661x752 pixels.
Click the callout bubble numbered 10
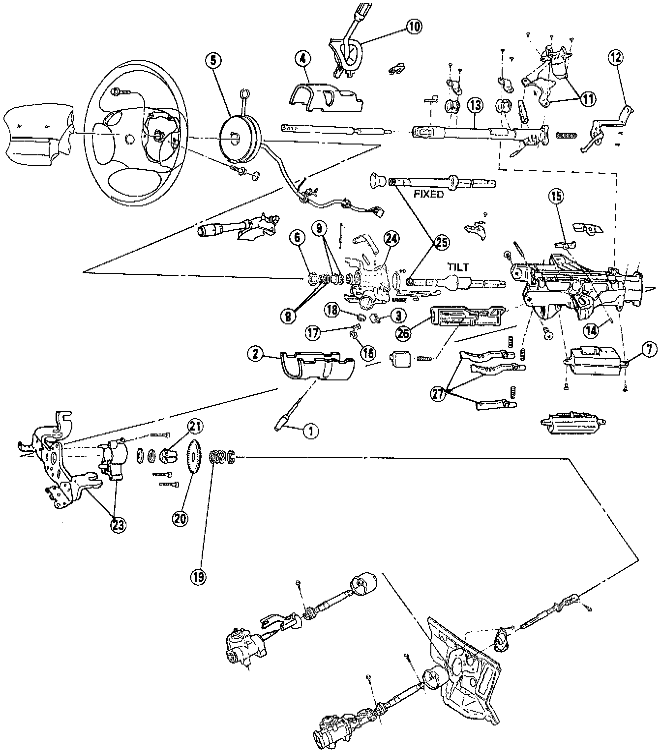tap(414, 27)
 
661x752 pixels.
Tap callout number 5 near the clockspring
tap(213, 60)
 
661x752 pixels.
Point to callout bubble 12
tap(615, 58)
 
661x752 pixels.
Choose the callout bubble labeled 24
tap(391, 239)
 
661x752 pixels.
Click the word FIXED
tap(428, 194)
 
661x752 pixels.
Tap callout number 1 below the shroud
tap(310, 432)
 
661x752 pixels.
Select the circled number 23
tap(118, 524)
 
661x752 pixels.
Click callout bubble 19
tap(199, 576)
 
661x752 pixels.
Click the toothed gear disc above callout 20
tap(195, 457)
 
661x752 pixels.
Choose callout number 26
tap(404, 333)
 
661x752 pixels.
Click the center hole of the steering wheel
tap(129, 139)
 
